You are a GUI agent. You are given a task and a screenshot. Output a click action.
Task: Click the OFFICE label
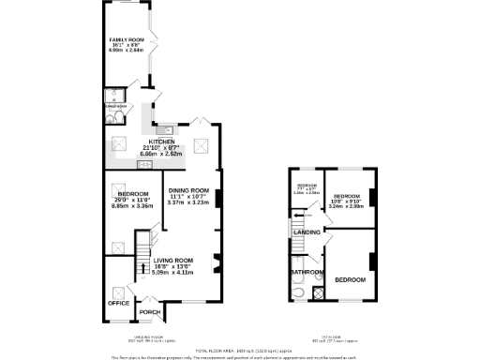coord(118,303)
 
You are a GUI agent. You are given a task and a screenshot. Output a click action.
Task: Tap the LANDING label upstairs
coord(307,232)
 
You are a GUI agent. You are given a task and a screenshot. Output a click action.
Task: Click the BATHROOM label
coord(307,273)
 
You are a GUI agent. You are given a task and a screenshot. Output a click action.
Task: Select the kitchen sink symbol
coord(160,129)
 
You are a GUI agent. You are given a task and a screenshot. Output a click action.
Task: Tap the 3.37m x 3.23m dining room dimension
coord(187,203)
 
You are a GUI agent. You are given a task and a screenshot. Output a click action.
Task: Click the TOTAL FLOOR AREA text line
coord(240,347)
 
